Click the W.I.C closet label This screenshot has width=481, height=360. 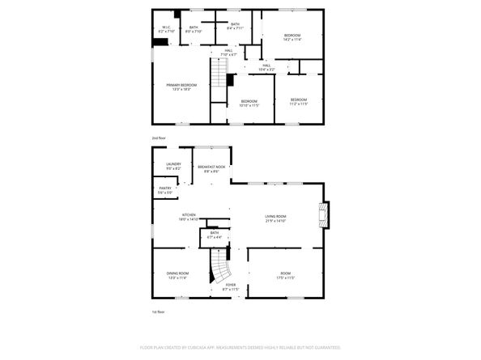point(165,30)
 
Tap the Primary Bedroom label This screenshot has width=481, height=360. point(182,87)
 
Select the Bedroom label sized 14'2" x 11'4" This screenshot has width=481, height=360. point(292,37)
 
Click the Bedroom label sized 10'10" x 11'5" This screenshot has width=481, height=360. point(249,103)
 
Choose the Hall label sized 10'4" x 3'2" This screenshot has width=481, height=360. point(266,68)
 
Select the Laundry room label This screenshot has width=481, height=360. point(173,167)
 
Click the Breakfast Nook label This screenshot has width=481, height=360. point(211,168)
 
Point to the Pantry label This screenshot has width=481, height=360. point(165,191)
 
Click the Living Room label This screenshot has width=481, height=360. point(276,218)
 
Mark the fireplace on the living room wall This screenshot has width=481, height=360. point(324,214)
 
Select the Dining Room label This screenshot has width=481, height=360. point(177,275)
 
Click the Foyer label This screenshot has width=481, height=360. point(231,286)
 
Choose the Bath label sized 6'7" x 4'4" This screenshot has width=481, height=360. point(214,235)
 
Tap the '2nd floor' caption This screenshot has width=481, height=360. point(159,138)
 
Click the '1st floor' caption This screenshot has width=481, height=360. point(159,311)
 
